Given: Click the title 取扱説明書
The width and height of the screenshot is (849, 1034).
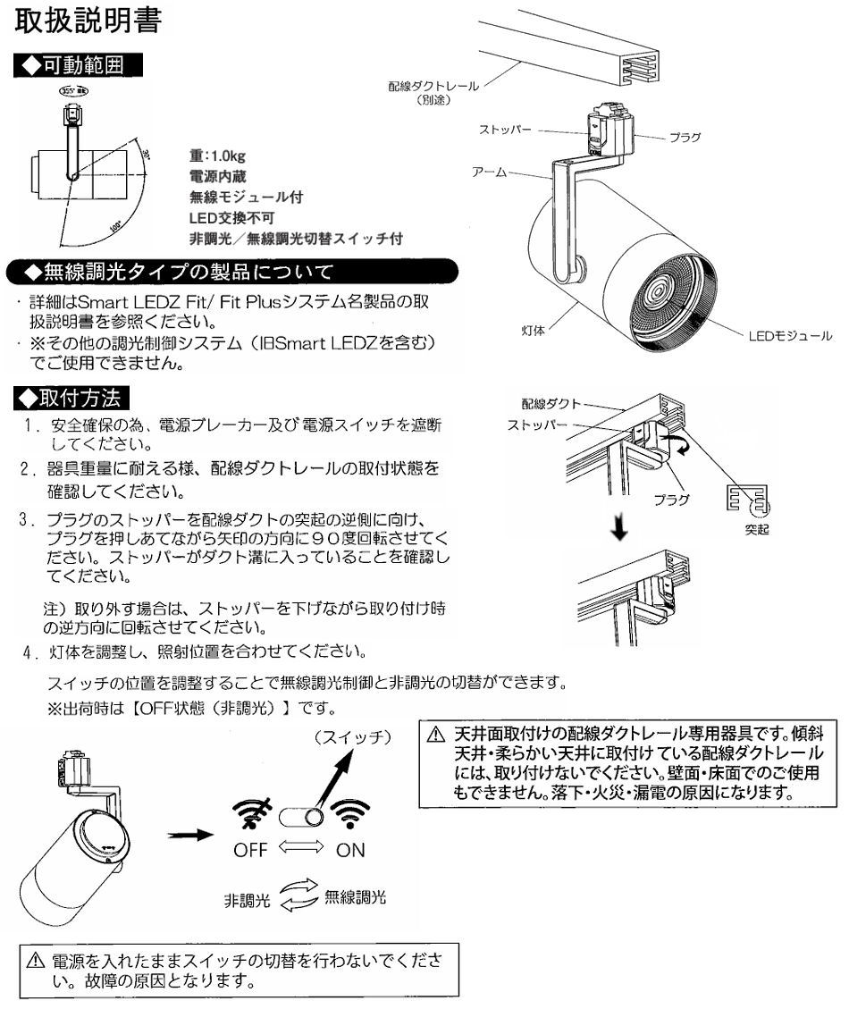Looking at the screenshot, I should [x=88, y=21].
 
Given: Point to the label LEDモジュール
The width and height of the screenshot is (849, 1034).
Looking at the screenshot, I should [x=789, y=336].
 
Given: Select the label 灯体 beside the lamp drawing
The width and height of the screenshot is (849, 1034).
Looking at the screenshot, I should [x=534, y=331].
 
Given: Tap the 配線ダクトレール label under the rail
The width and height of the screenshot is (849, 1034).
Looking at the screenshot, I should [x=433, y=87].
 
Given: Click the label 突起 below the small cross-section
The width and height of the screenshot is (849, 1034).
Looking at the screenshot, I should [x=757, y=528].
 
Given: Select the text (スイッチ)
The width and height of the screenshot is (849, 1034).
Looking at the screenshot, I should [x=355, y=737].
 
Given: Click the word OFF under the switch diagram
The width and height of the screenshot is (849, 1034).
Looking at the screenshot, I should [x=252, y=850].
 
